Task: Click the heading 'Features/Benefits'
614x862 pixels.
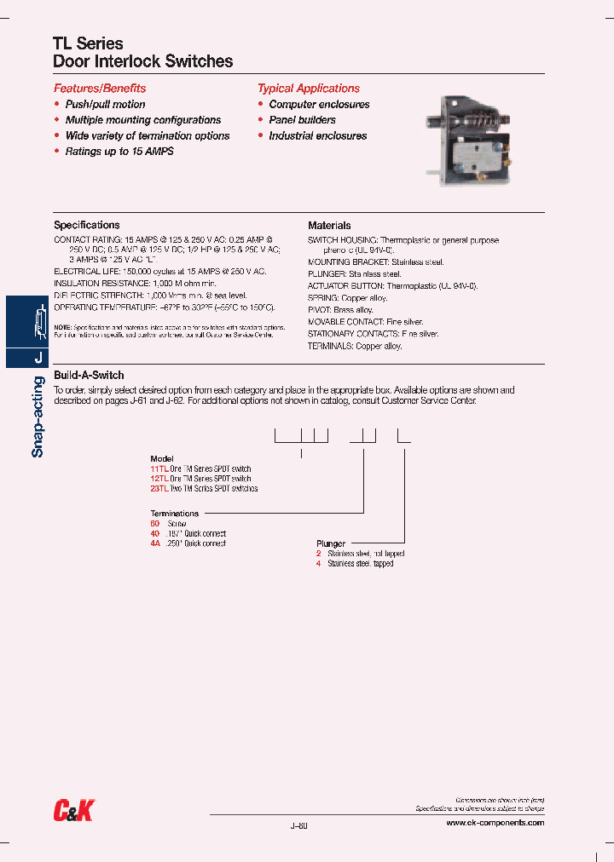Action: pos(100,89)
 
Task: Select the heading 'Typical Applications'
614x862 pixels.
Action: pos(309,89)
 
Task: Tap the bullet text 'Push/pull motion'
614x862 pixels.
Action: pos(105,105)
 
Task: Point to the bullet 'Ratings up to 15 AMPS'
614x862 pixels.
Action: pos(119,152)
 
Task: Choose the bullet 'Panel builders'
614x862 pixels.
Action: pos(302,120)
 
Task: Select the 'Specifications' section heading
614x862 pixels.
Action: pos(87,226)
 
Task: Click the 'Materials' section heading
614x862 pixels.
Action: pos(329,226)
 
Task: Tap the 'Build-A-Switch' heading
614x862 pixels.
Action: pos(89,376)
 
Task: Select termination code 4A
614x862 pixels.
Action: pos(155,543)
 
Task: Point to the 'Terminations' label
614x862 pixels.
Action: pos(175,514)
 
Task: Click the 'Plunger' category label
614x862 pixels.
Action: pos(330,543)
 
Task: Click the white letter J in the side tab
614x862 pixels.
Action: pos(38,359)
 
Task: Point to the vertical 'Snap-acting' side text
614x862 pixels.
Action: pos(38,418)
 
